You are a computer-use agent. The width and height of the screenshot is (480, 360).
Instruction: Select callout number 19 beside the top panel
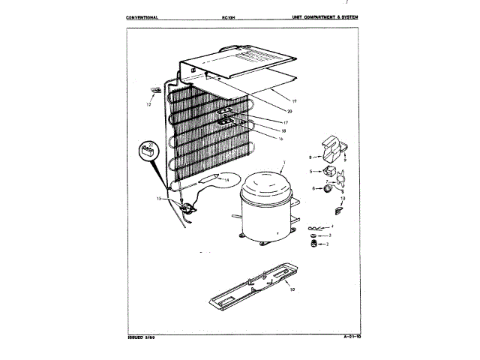(295, 100)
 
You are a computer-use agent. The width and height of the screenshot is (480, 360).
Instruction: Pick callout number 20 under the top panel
(289, 111)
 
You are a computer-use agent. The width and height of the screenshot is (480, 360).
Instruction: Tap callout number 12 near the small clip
(148, 105)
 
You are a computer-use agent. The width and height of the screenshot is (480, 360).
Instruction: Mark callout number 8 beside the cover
(309, 157)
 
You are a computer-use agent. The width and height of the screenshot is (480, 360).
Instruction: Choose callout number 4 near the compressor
(331, 226)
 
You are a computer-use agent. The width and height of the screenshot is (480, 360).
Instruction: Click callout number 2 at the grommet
(325, 244)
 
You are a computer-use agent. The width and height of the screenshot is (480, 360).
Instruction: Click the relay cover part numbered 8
(328, 147)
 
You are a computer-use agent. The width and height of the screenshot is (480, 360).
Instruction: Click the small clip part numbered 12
(154, 91)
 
